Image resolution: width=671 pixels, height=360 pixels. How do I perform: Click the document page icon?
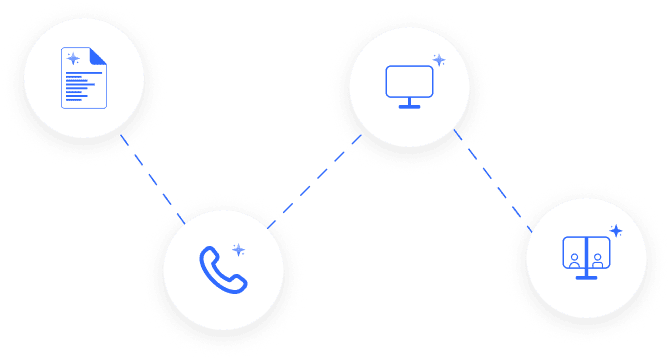tap(84, 78)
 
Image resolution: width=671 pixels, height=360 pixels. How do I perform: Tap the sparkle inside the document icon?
tap(73, 59)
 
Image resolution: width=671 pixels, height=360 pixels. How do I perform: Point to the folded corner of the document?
tap(98, 57)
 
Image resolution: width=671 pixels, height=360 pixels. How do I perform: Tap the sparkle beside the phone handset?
tap(239, 249)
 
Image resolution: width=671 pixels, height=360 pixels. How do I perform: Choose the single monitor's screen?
tap(408, 81)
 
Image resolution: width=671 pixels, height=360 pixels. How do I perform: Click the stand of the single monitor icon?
tap(408, 103)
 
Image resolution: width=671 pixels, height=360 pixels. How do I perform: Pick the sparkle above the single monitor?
tap(437, 60)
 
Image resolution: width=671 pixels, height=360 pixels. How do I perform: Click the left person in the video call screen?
tap(575, 259)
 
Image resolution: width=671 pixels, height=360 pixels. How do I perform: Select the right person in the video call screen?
tap(597, 259)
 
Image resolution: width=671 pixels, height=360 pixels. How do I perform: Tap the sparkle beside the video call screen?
tap(616, 231)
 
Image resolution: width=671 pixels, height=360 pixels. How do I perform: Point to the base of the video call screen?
tap(586, 276)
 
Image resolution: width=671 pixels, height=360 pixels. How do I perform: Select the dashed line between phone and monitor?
tap(315, 180)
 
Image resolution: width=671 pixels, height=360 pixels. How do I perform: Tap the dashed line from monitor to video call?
tap(485, 170)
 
